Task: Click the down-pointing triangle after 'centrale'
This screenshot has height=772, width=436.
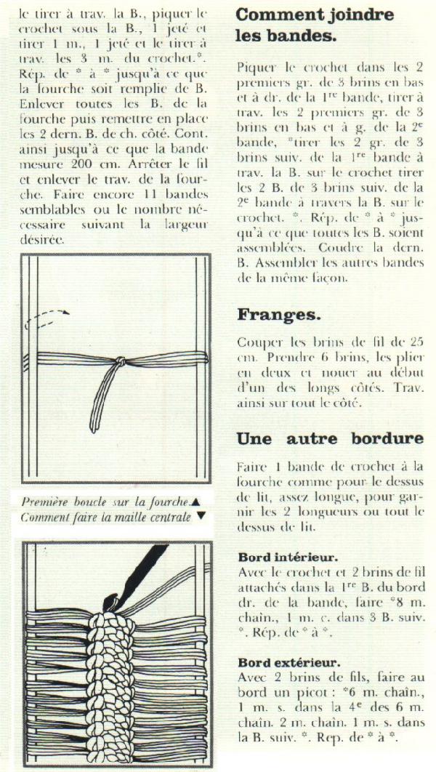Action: [201, 516]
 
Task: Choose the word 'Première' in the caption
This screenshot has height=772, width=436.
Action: [45, 502]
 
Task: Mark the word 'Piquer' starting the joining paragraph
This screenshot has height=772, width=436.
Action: [256, 67]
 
